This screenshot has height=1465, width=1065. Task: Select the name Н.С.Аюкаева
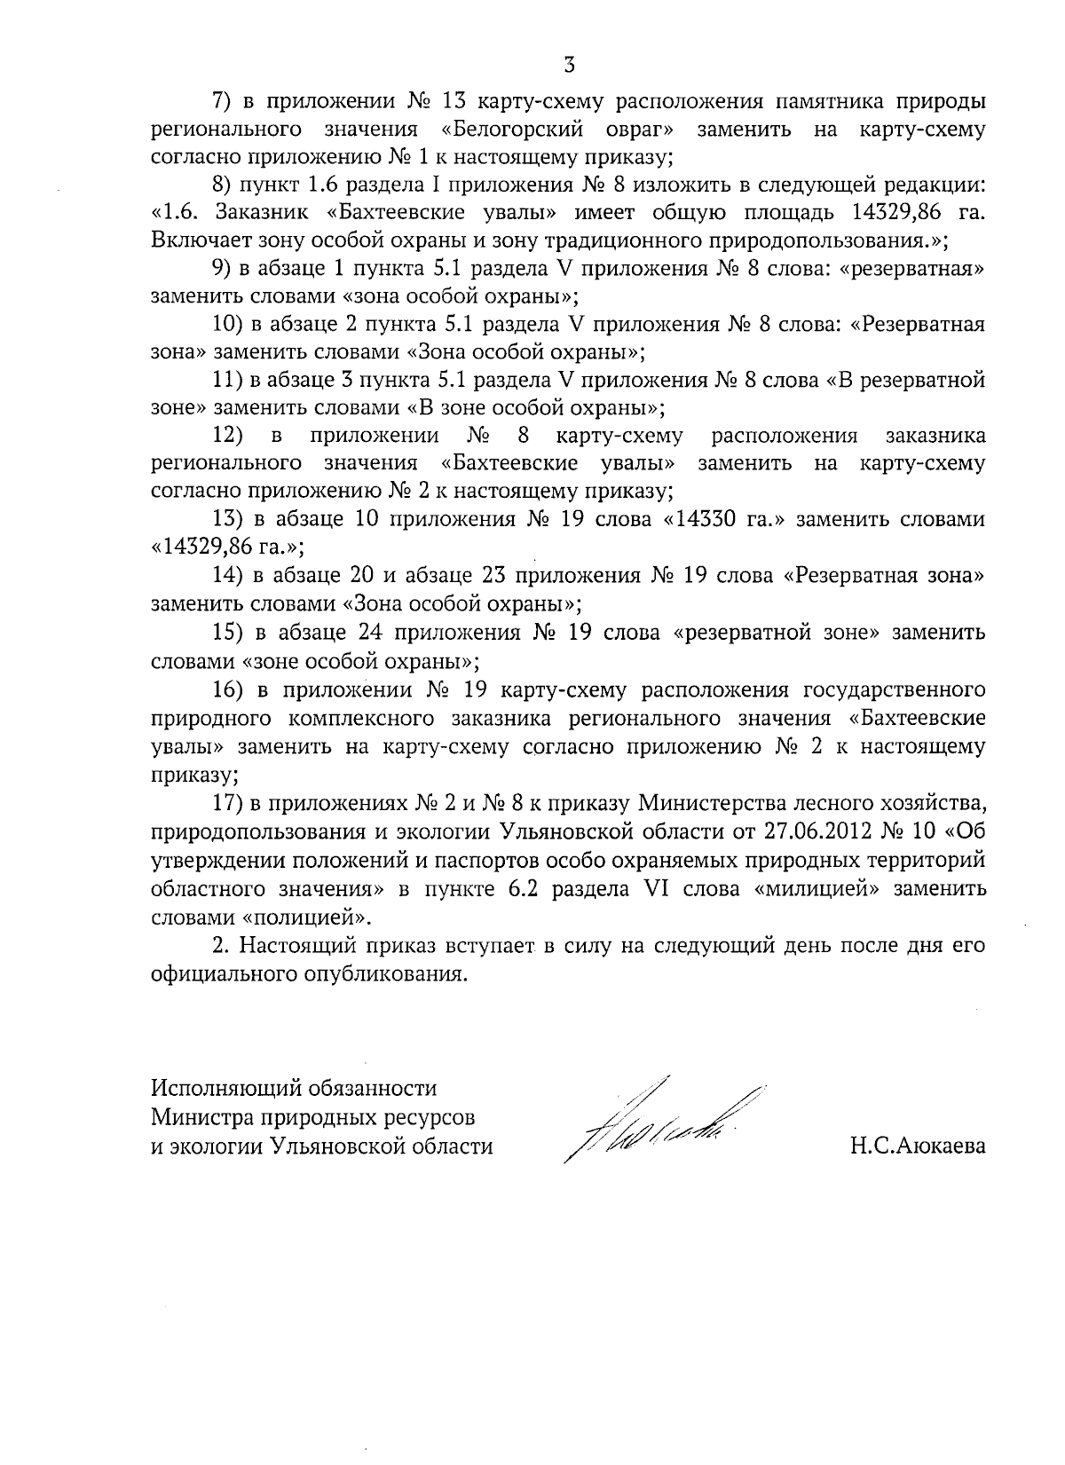917,1146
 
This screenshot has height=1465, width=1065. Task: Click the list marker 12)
229,436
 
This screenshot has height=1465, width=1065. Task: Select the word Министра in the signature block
197,1116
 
